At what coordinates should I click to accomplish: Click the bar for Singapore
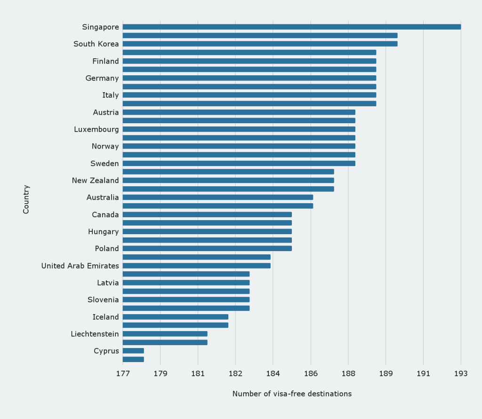pyautogui.click(x=292, y=27)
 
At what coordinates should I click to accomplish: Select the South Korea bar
pyautogui.click(x=260, y=44)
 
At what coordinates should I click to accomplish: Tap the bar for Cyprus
pyautogui.click(x=133, y=351)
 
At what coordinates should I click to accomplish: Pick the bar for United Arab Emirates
pyautogui.click(x=196, y=266)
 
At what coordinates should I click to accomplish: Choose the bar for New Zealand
pyautogui.click(x=228, y=181)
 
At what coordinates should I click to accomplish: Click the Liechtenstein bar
pyautogui.click(x=165, y=334)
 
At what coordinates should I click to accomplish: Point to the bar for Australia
pyautogui.click(x=217, y=198)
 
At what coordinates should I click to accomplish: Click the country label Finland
pyautogui.click(x=105, y=61)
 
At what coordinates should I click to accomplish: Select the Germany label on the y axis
pyautogui.click(x=102, y=78)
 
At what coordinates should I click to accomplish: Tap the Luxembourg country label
pyautogui.click(x=96, y=129)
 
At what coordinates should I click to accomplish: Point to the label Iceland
pyautogui.click(x=105, y=317)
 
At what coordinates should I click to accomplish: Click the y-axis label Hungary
pyautogui.click(x=104, y=232)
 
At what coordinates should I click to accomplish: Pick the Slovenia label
pyautogui.click(x=103, y=300)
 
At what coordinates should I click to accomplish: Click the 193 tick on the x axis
pyautogui.click(x=461, y=374)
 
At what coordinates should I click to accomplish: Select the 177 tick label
pyautogui.click(x=123, y=374)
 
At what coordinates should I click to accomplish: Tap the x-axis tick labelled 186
pyautogui.click(x=311, y=374)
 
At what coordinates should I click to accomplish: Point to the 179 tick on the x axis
pyautogui.click(x=161, y=374)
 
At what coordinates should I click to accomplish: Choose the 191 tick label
pyautogui.click(x=423, y=374)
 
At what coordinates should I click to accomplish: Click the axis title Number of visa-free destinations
pyautogui.click(x=292, y=394)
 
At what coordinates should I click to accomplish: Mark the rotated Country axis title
pyautogui.click(x=26, y=199)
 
